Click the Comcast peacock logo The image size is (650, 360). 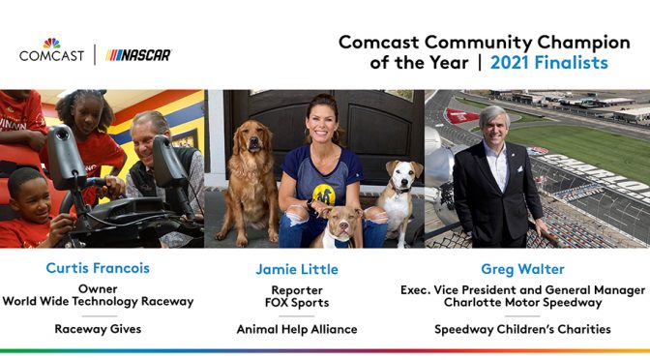51,43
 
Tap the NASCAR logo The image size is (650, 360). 138,55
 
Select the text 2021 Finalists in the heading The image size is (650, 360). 548,62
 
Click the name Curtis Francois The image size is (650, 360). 98,268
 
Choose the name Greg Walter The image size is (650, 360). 522,268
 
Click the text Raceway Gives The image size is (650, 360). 98,329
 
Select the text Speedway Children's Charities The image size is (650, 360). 522,329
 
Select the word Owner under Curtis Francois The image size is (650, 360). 98,287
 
